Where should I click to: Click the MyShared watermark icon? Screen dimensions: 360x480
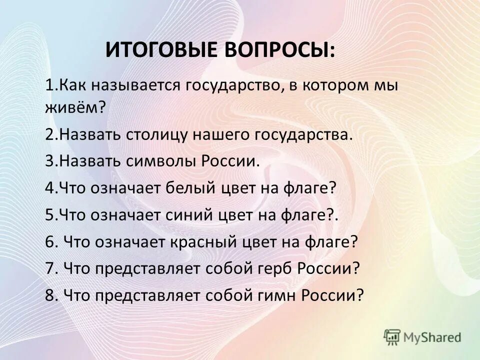pos(392,337)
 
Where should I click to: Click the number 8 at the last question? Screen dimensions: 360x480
pos(49,295)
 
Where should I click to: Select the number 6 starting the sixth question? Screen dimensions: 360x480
pos(49,242)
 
